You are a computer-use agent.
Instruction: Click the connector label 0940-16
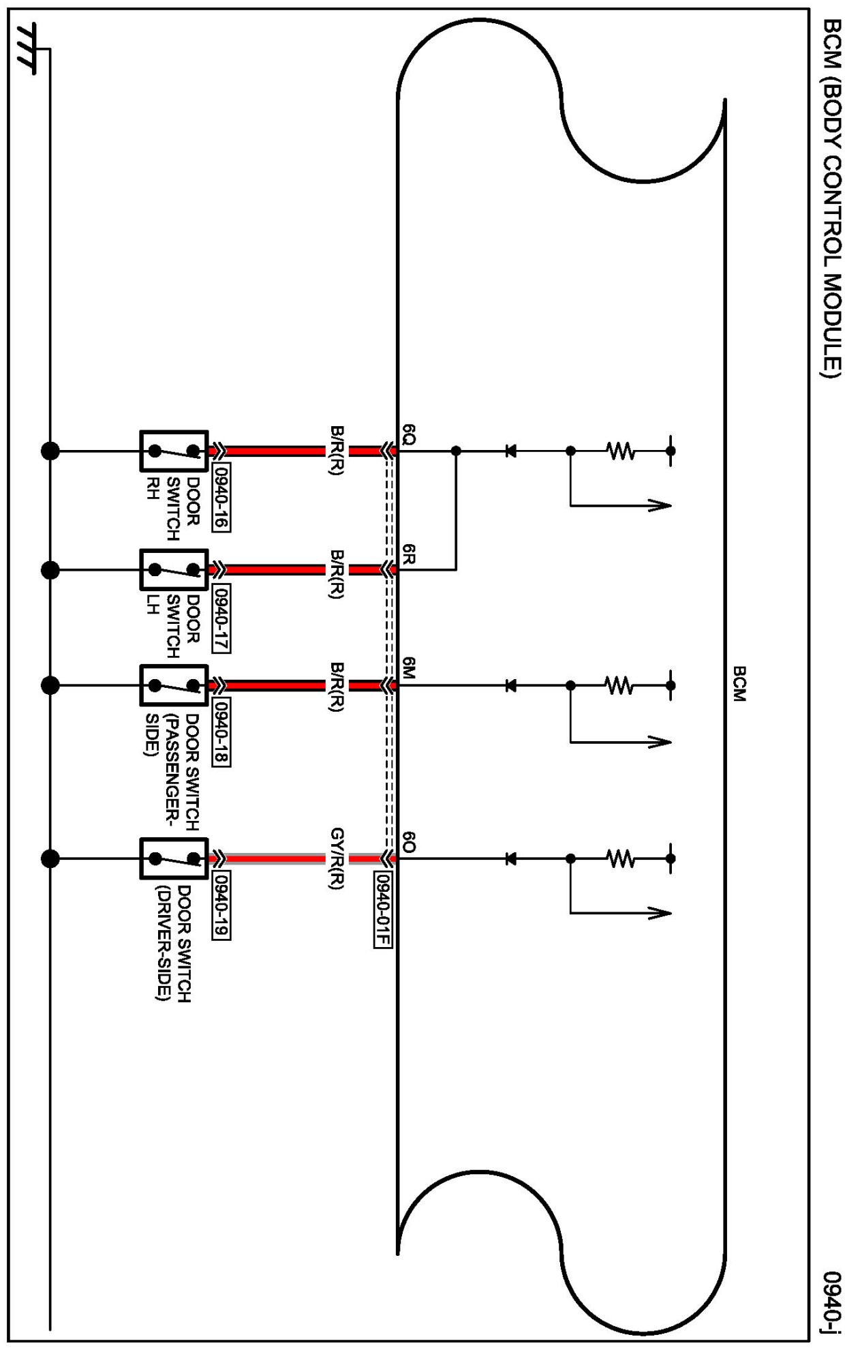[x=221, y=497]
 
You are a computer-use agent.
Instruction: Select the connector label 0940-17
[x=221, y=618]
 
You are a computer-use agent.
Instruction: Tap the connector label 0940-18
[x=221, y=732]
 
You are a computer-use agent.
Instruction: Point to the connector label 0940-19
[x=221, y=905]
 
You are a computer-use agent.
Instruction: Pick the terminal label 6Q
[x=409, y=434]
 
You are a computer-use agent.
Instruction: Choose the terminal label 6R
[x=409, y=554]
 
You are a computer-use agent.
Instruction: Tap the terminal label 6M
[x=409, y=668]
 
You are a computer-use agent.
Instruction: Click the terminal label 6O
[x=409, y=842]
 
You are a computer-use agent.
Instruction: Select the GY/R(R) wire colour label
[x=337, y=859]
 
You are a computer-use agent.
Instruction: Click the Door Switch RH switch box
[x=174, y=451]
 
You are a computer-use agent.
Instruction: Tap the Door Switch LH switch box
[x=174, y=569]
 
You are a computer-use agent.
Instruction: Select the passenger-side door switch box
[x=174, y=685]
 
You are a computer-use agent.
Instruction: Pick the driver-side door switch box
[x=174, y=858]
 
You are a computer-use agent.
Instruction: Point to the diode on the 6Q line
[x=510, y=451]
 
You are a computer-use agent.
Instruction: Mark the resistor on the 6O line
[x=620, y=858]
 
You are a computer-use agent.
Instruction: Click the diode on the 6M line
[x=510, y=685]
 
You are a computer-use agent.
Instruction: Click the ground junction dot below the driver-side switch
[x=50, y=858]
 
